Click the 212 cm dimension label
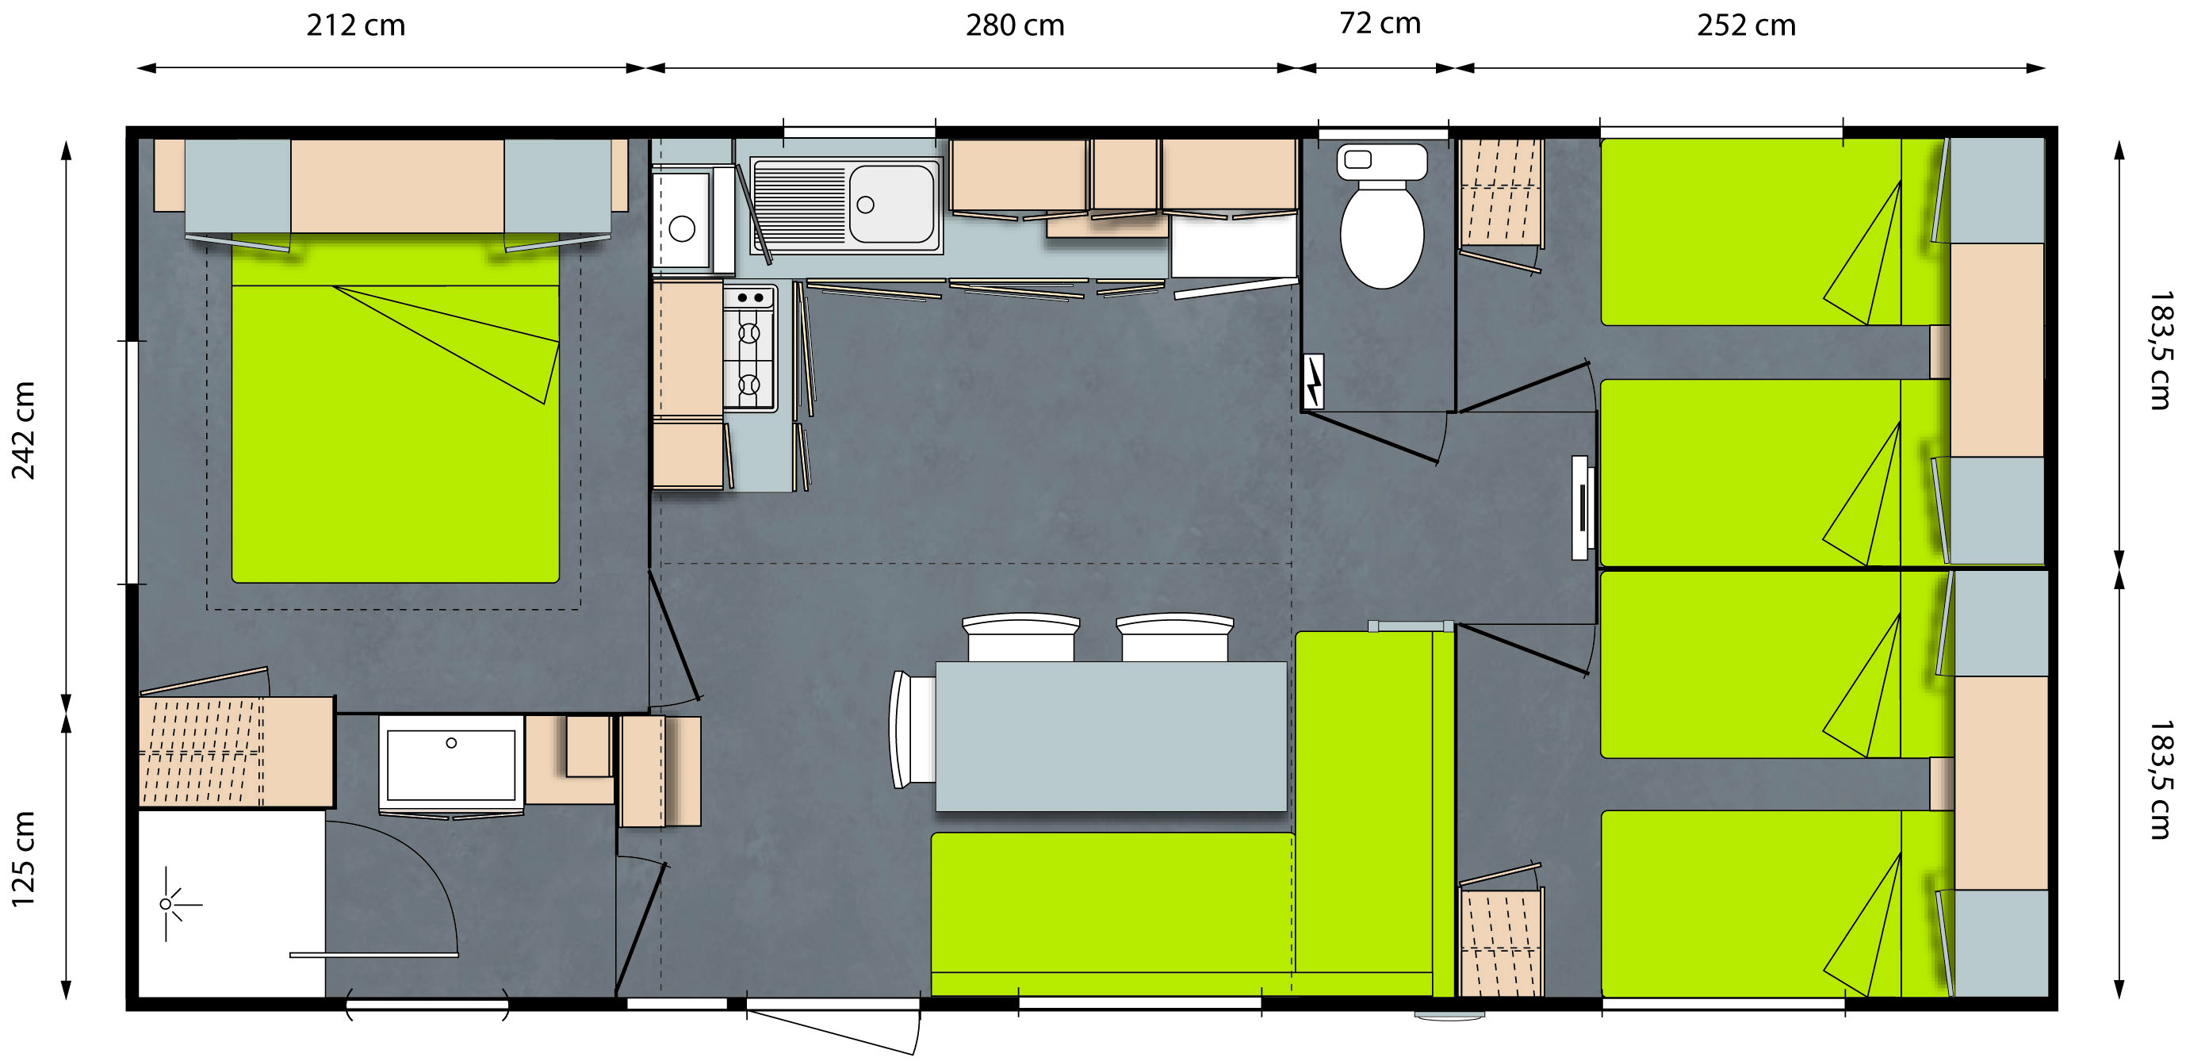[x=355, y=25]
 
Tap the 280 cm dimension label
[x=1015, y=25]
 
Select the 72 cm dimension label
[x=1380, y=23]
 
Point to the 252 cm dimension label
[x=1747, y=25]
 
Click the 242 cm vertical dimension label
[x=23, y=431]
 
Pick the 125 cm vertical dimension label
[x=23, y=859]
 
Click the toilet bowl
[x=1381, y=237]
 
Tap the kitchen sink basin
[x=891, y=204]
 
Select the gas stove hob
[x=749, y=348]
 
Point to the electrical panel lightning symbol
[x=1313, y=382]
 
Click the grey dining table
[x=1111, y=737]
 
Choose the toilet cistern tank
[x=1382, y=161]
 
